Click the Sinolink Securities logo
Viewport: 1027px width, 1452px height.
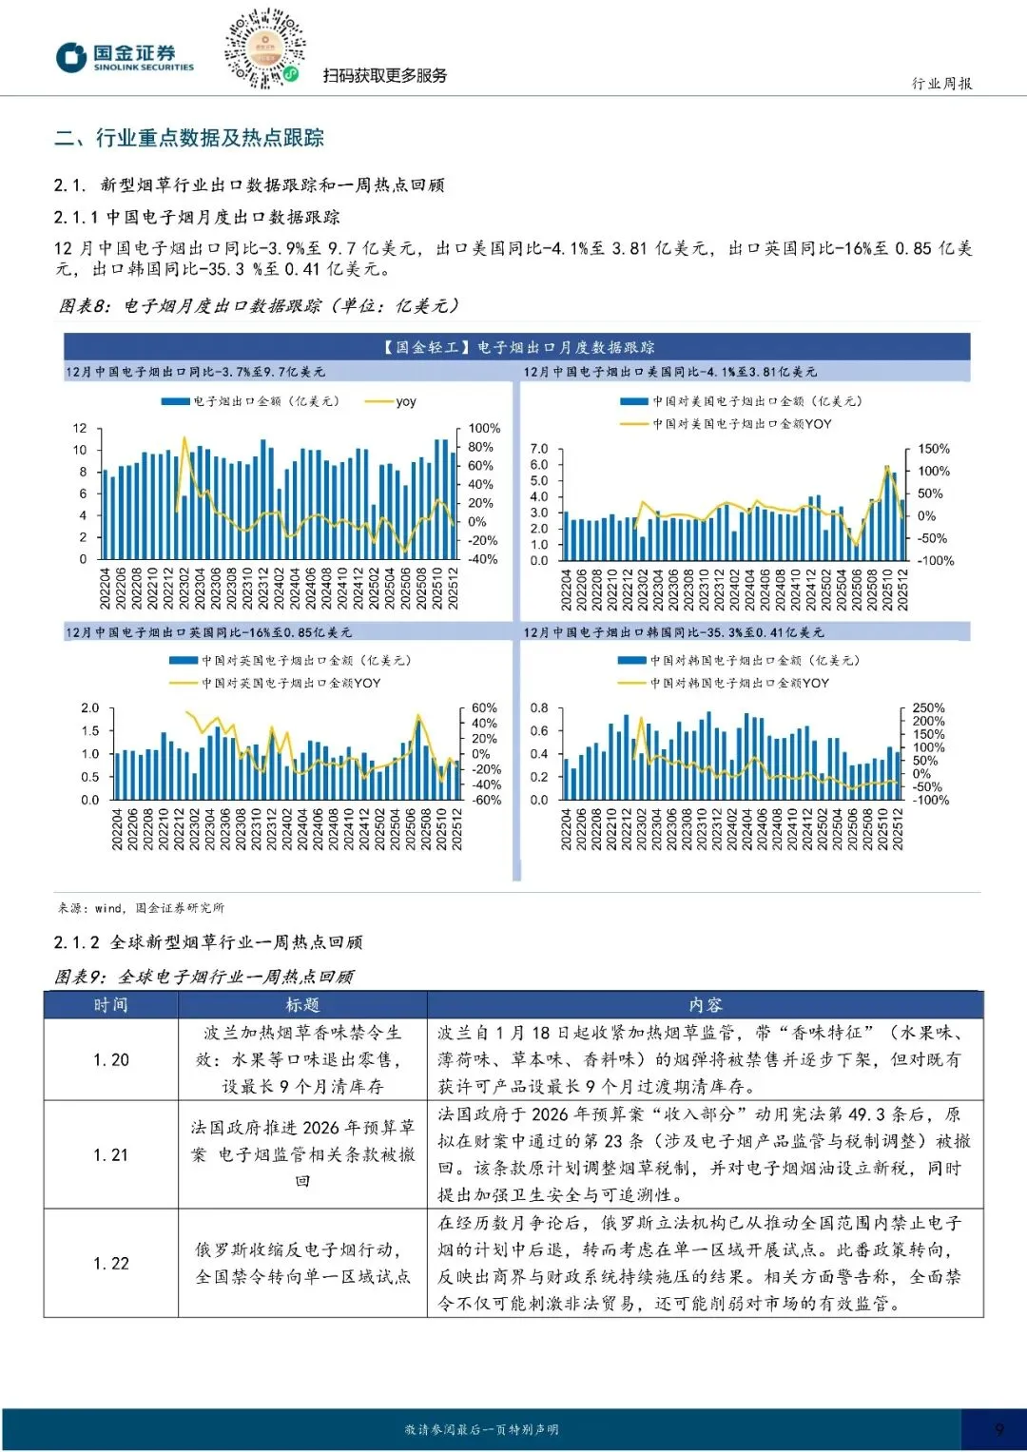click(x=125, y=57)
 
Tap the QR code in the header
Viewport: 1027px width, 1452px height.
click(x=264, y=48)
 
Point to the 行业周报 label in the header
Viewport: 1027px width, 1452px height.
click(x=941, y=84)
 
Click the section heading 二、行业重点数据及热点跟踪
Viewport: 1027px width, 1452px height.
click(x=189, y=138)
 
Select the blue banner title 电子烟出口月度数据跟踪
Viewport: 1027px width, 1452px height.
click(x=517, y=347)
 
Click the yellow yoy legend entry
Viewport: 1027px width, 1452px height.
click(x=395, y=401)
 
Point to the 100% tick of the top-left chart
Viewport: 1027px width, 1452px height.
click(x=484, y=429)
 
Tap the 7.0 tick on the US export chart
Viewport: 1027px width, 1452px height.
click(x=539, y=449)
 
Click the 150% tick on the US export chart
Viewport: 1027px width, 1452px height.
click(x=933, y=449)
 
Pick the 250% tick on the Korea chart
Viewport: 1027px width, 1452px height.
click(x=928, y=708)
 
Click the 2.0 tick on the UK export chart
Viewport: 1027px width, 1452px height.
click(x=90, y=708)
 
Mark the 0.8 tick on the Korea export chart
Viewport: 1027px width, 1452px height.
click(x=539, y=708)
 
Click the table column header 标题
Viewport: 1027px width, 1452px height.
click(x=302, y=1005)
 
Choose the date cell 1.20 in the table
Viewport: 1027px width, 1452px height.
click(x=111, y=1059)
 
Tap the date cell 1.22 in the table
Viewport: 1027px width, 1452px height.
click(x=111, y=1263)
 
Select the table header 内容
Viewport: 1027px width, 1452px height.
click(x=705, y=1005)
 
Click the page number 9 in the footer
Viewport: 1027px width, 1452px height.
click(x=998, y=1429)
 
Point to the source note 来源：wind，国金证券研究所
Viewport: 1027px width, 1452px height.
click(x=141, y=908)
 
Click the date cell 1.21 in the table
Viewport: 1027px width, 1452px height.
click(x=111, y=1154)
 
